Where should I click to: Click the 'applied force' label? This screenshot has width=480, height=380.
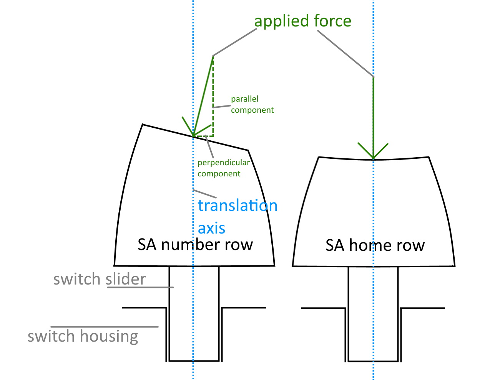click(x=303, y=21)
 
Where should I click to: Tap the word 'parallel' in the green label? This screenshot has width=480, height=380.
click(x=245, y=99)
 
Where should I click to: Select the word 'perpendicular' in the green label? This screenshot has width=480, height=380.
click(x=224, y=163)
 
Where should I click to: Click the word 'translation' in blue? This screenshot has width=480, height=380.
click(x=238, y=205)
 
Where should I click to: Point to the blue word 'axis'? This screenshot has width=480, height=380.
click(x=211, y=228)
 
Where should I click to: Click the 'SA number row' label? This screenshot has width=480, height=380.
click(x=195, y=245)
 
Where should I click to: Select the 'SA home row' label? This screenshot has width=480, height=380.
click(x=375, y=245)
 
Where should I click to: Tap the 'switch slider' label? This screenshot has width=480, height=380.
click(x=100, y=279)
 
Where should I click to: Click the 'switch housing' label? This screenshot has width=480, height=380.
click(x=83, y=337)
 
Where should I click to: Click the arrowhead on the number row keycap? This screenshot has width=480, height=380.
click(x=193, y=136)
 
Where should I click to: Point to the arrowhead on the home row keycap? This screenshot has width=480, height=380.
click(x=373, y=159)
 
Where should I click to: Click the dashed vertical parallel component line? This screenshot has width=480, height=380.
click(x=213, y=96)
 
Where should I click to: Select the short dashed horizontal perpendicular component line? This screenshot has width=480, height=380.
click(x=203, y=136)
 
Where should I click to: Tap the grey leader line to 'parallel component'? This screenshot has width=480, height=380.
click(x=221, y=107)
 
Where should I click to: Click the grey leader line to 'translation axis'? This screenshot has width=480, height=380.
click(x=204, y=194)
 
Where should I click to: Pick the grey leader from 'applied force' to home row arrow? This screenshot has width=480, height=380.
click(x=345, y=54)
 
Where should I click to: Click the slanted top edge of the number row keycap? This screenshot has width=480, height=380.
click(x=195, y=137)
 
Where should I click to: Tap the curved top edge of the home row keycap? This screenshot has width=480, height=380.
click(x=374, y=159)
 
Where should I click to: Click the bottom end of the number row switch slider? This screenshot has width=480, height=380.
click(x=194, y=360)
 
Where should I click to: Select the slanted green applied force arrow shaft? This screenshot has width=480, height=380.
click(x=203, y=96)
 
